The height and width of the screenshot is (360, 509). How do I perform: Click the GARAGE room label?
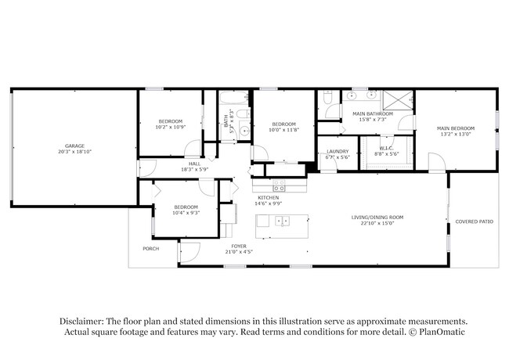(75, 146)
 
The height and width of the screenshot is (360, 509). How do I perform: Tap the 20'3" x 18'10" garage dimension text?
(75, 152)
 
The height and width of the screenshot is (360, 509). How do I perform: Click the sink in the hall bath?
(244, 131)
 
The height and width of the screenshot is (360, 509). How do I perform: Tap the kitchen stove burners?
(279, 186)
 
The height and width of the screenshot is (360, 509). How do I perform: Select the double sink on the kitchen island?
(282, 221)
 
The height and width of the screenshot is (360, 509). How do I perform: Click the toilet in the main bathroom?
(329, 97)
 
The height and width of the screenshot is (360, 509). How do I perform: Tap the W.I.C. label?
(386, 148)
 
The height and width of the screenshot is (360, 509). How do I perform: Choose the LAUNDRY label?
(338, 151)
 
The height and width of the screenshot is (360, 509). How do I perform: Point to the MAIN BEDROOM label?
(455, 128)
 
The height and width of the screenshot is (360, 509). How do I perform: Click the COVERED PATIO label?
(475, 221)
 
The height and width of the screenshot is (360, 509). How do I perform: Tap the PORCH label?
(150, 249)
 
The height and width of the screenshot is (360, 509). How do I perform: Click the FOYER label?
(238, 245)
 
